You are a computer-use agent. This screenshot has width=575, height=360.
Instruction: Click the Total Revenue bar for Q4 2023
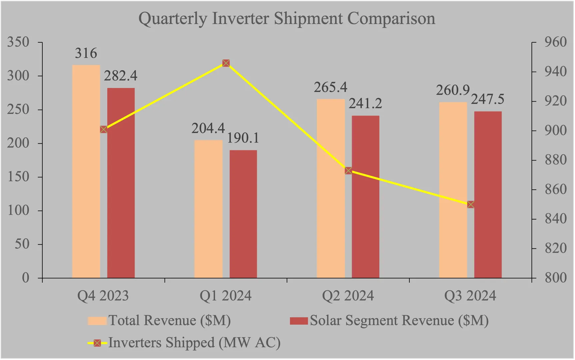pos(86,171)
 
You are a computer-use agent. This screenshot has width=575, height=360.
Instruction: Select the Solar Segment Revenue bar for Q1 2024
pos(243,214)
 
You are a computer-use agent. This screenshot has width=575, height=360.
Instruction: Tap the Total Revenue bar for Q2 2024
pos(330,188)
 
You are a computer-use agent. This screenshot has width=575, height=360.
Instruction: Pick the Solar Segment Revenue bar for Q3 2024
pos(488,195)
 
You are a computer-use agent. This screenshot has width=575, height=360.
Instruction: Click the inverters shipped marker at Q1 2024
pos(226,63)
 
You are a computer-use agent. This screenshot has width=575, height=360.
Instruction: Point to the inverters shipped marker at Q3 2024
pos(470,205)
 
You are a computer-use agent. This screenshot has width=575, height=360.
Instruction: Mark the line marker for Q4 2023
pos(104,129)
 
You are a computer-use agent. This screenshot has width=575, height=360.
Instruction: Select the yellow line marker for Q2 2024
pos(348,171)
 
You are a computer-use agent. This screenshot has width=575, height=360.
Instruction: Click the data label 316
pos(86,53)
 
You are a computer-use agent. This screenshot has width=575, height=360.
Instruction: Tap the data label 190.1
pos(243,138)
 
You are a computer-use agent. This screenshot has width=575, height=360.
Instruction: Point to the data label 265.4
pos(330,87)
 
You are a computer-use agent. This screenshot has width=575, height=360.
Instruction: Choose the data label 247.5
pos(488,99)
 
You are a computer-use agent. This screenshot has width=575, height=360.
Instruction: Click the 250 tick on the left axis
pos(18,110)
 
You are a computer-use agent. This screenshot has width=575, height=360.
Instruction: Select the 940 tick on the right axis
pos(555,72)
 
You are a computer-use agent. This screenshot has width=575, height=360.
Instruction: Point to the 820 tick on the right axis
pos(555,248)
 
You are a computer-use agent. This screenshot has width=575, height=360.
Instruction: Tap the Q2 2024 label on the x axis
pos(348,296)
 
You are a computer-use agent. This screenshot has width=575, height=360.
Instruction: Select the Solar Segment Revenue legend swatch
pos(298,321)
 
